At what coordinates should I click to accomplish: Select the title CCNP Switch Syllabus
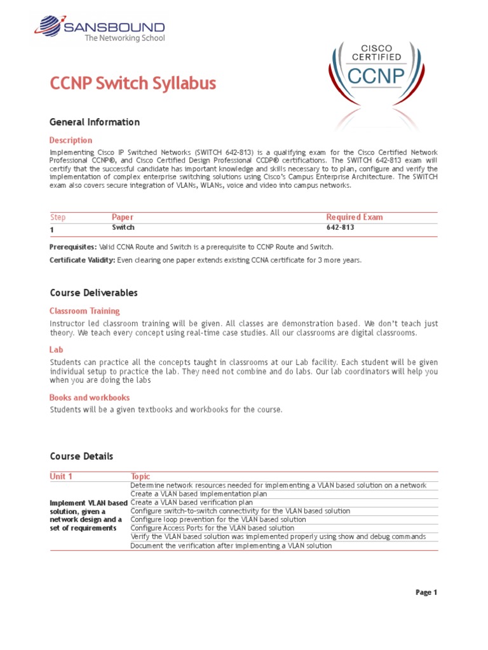(133, 83)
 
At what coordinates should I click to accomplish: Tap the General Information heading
(95, 122)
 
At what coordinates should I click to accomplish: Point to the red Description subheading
(71, 140)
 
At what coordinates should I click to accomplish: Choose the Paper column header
(123, 217)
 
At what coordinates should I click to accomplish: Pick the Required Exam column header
(355, 217)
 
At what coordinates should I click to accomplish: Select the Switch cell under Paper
(123, 227)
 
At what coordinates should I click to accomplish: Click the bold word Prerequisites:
(73, 247)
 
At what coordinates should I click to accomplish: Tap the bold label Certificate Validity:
(82, 260)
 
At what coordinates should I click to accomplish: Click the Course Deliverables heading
(93, 293)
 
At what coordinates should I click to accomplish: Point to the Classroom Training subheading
(85, 311)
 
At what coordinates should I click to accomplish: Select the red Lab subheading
(55, 350)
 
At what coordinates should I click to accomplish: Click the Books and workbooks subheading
(90, 397)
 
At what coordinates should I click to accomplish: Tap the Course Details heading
(81, 456)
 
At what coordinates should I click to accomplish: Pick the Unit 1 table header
(61, 476)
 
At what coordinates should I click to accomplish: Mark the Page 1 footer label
(426, 593)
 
